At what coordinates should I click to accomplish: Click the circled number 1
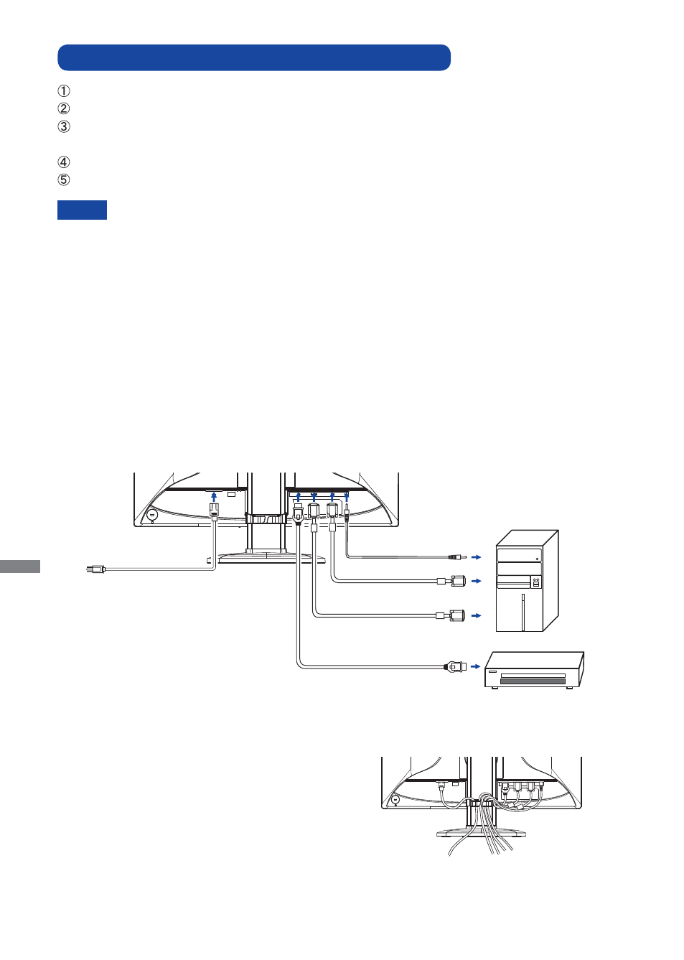point(63,91)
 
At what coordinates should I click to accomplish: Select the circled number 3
point(63,127)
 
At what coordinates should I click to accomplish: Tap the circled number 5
point(63,180)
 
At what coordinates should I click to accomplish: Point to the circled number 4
point(63,162)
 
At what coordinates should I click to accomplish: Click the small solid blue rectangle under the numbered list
point(82,210)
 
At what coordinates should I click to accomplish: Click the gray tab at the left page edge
point(19,566)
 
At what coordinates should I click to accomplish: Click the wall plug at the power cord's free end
point(95,569)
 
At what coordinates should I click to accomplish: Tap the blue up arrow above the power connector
point(214,497)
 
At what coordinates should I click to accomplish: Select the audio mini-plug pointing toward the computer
point(457,557)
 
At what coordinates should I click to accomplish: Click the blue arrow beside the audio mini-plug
point(476,557)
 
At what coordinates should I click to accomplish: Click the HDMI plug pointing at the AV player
point(456,666)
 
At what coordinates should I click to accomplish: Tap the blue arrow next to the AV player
point(475,666)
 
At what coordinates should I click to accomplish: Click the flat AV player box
point(534,671)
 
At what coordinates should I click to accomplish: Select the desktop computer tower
point(527,581)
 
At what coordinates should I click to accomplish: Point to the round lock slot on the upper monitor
point(151,515)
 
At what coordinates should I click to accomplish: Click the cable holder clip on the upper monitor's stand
point(266,519)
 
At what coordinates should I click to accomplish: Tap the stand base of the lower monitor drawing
point(481,832)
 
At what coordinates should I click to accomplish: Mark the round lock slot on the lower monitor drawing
point(395,800)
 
